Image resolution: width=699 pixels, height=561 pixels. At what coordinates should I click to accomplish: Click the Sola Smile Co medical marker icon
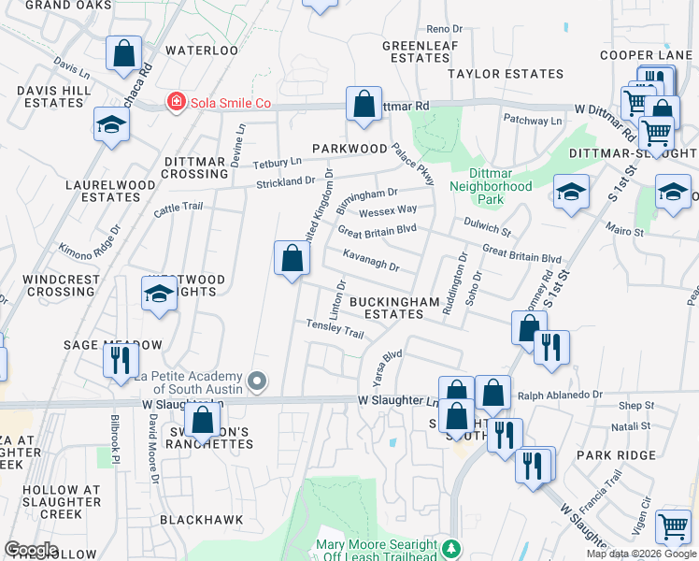click(x=175, y=101)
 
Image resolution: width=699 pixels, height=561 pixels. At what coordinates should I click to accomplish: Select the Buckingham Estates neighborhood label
click(x=394, y=309)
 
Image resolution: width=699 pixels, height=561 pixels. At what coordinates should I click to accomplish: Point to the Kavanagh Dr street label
click(x=371, y=261)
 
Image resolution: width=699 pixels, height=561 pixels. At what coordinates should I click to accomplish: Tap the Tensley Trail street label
click(x=335, y=328)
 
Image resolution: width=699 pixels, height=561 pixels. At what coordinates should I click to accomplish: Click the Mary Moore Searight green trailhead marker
click(x=452, y=549)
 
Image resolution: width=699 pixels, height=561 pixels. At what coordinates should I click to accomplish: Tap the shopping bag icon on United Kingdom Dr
click(x=292, y=258)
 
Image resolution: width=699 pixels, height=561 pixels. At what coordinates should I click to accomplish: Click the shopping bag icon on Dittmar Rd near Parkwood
click(x=364, y=104)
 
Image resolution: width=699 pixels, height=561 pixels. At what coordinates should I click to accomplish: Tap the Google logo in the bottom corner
click(x=31, y=550)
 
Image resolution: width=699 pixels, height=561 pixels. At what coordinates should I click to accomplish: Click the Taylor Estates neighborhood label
click(x=506, y=73)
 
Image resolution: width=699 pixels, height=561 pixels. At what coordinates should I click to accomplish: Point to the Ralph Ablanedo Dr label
click(x=560, y=396)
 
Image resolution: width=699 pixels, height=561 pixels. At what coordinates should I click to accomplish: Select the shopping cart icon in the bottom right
click(x=673, y=527)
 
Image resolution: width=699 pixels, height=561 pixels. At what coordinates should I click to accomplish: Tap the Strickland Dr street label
click(x=286, y=180)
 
